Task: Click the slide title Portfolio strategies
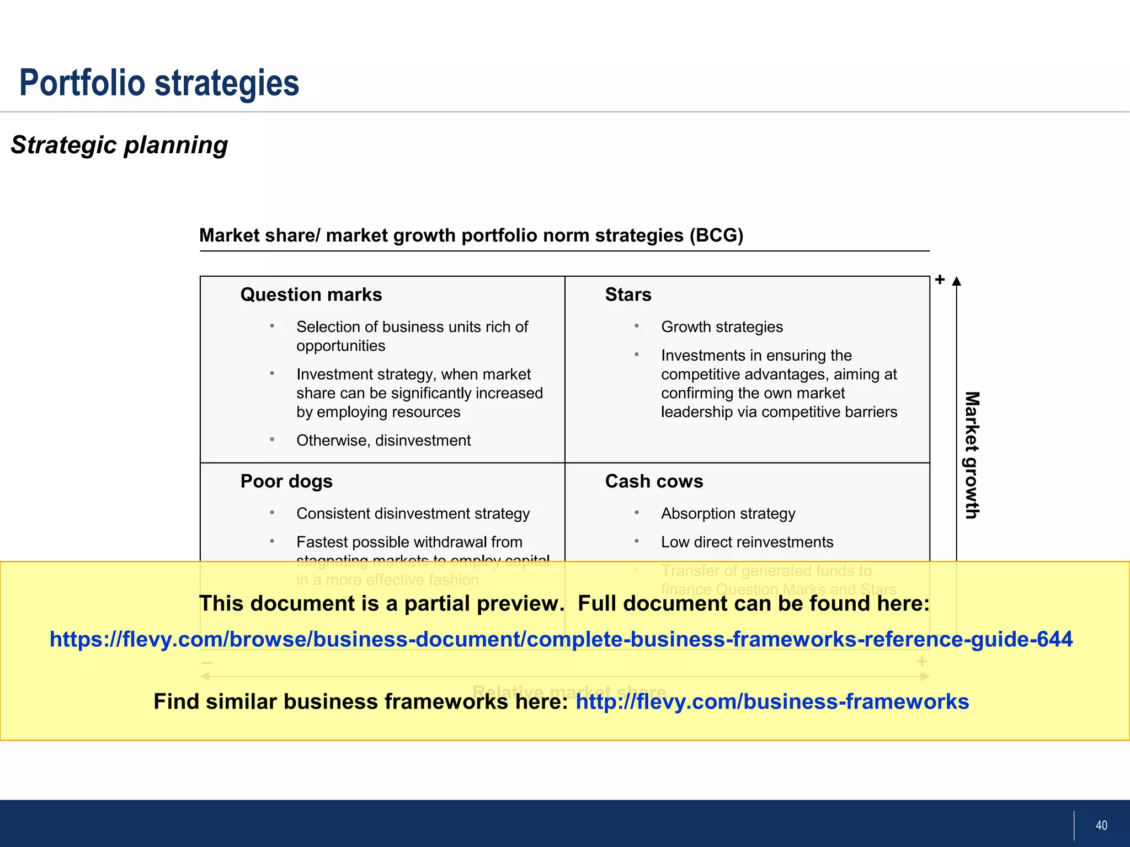tap(159, 83)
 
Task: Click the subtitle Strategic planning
tap(119, 145)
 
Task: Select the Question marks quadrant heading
tap(311, 295)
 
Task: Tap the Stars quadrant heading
tap(628, 295)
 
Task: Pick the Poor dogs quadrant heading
tap(286, 481)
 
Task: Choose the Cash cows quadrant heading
tap(654, 481)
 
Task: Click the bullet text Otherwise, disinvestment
tap(383, 441)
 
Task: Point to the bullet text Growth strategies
tap(722, 327)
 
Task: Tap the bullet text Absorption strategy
tap(728, 513)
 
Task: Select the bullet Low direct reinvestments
tap(747, 542)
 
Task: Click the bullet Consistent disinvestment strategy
tap(413, 513)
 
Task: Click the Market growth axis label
tap(972, 455)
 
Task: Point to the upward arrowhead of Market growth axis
tap(957, 282)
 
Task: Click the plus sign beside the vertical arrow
tap(940, 280)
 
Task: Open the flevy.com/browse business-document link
tap(561, 639)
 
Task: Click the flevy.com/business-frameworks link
tap(772, 702)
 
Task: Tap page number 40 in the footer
tap(1101, 825)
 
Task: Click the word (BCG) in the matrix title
tap(716, 235)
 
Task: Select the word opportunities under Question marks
tap(340, 346)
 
